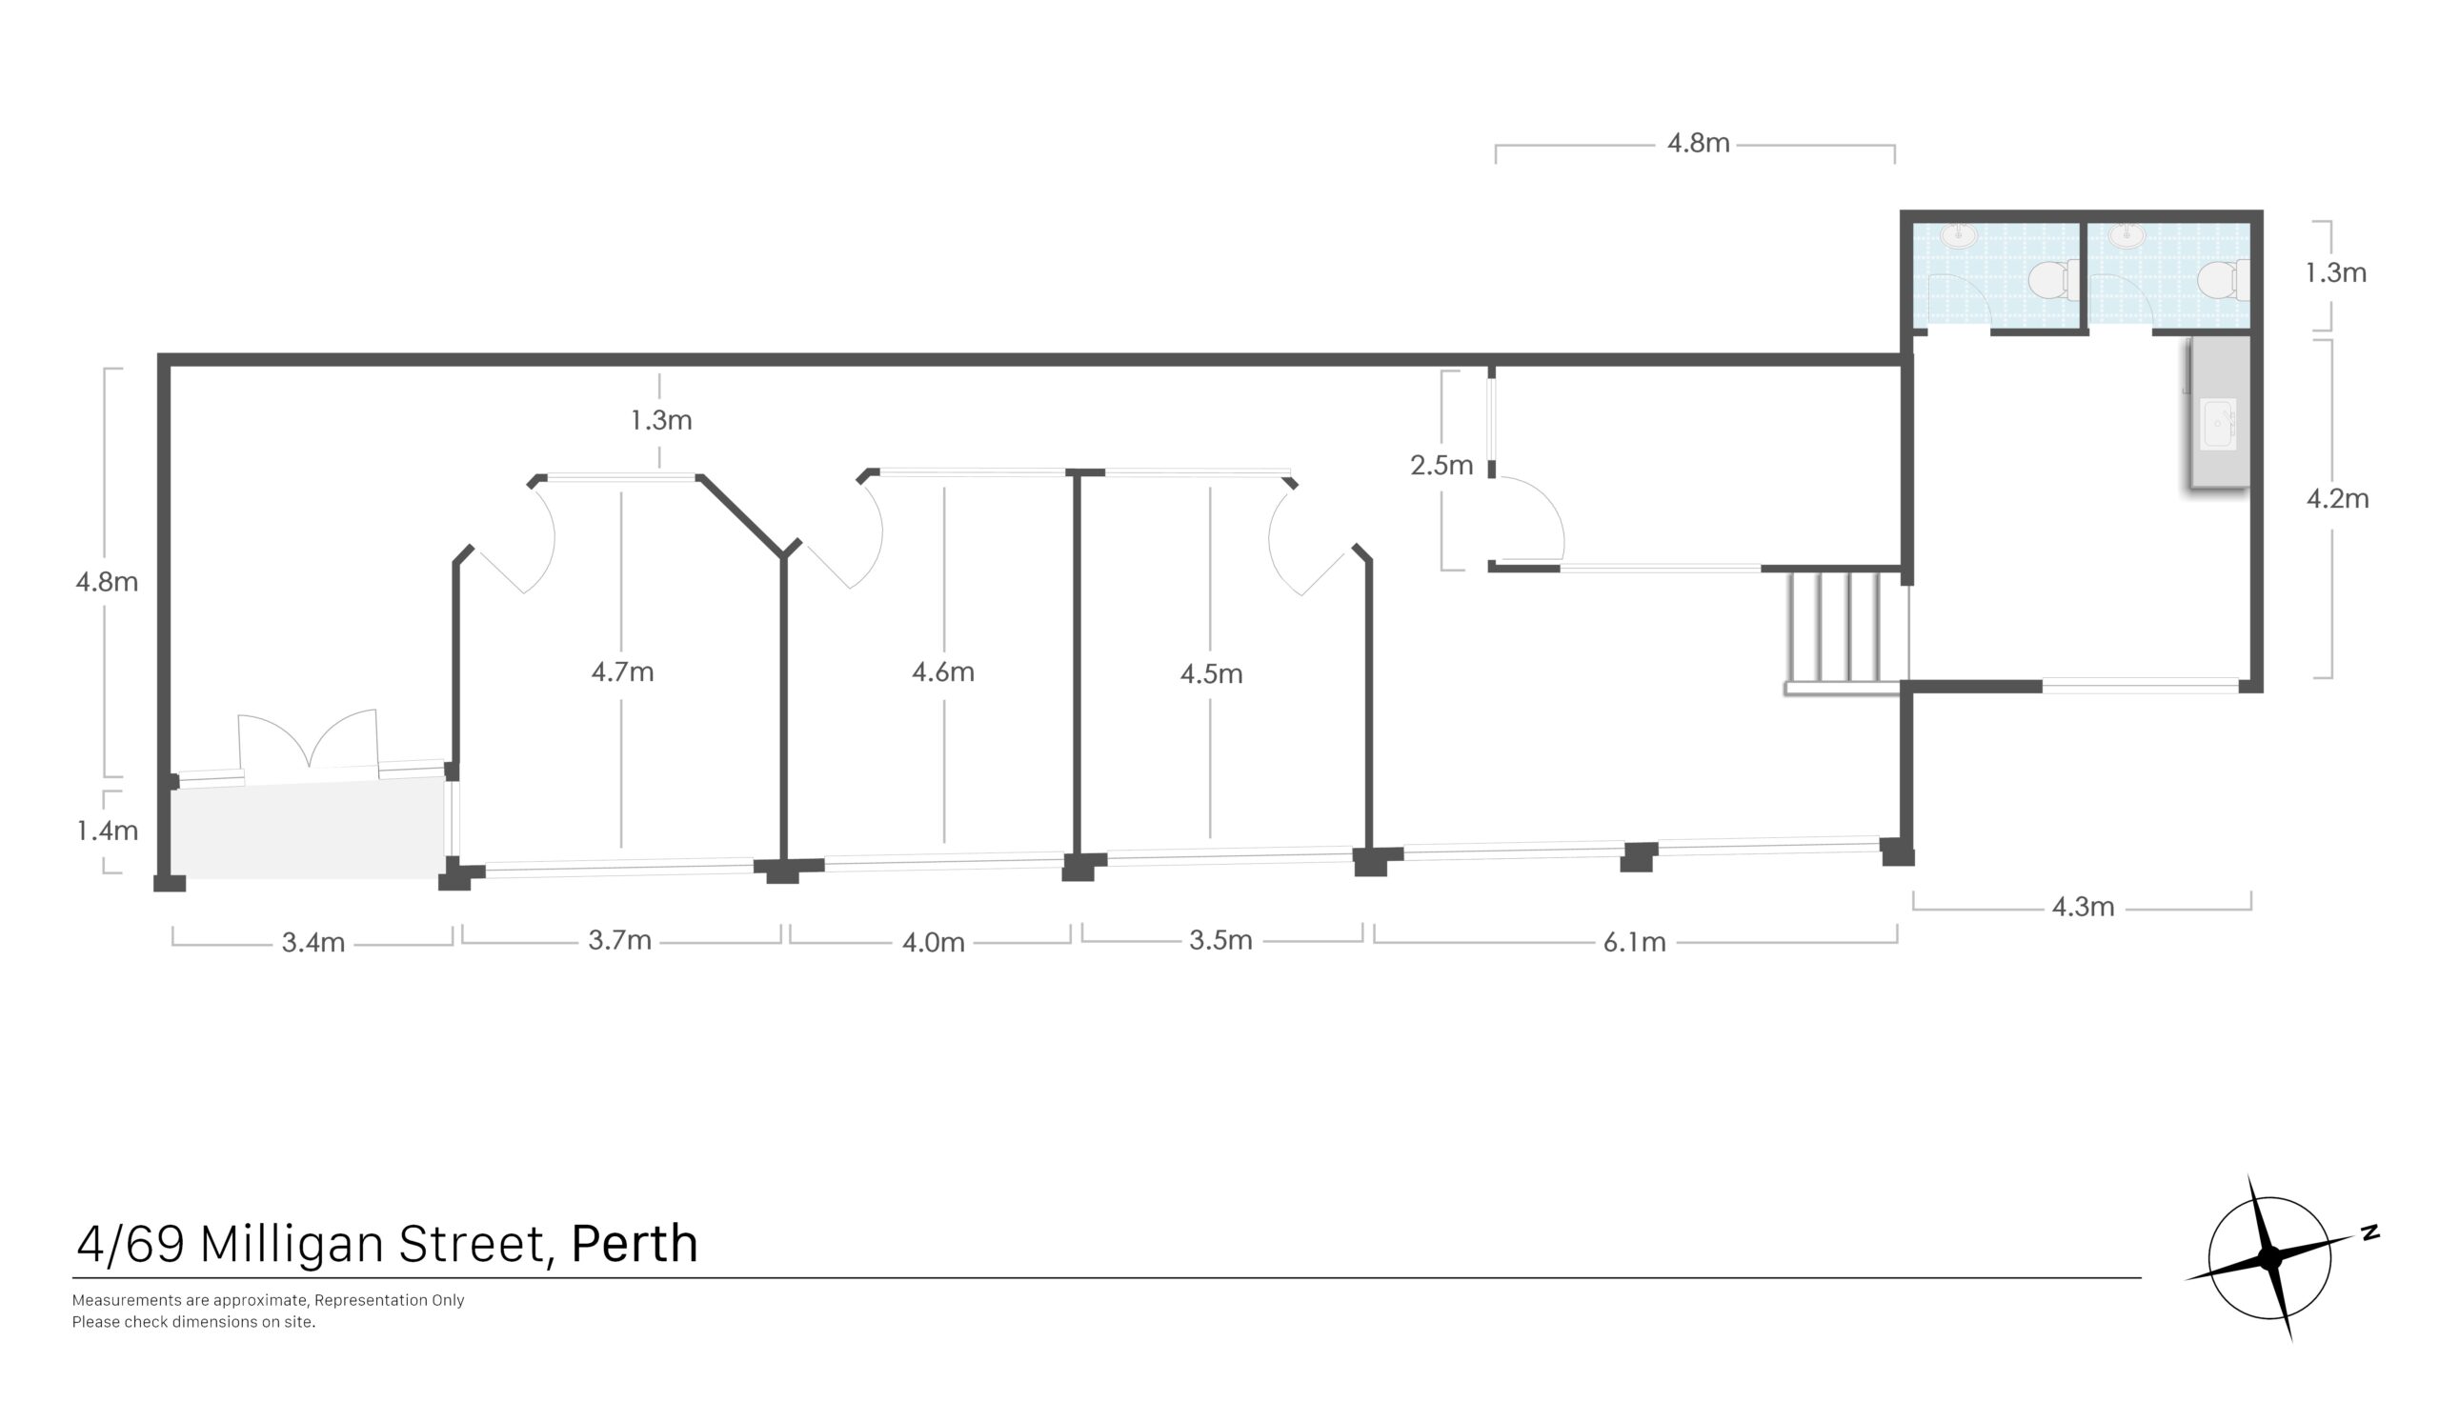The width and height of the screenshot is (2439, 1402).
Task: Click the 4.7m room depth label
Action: coord(622,671)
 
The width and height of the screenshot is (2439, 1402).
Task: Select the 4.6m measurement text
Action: coord(942,671)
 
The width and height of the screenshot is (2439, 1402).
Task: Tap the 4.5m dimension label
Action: coord(1210,673)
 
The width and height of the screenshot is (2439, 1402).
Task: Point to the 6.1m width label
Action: coord(1634,943)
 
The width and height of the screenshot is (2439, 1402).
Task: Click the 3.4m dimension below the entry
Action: coord(312,943)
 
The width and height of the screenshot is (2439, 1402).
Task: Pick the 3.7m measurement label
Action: coord(619,940)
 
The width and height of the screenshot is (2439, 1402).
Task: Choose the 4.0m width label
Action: coord(932,943)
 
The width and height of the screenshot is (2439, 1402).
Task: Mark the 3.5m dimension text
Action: coord(1220,940)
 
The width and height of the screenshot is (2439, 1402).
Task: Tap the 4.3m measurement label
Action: coord(2082,907)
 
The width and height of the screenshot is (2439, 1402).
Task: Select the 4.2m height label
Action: coord(2337,499)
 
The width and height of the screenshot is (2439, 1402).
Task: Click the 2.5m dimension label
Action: coord(1441,466)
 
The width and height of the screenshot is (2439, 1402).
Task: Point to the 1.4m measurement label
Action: coord(107,830)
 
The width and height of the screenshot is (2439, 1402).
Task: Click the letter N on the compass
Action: coord(2369,1232)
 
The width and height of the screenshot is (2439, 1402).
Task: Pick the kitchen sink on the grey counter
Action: coord(2219,424)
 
